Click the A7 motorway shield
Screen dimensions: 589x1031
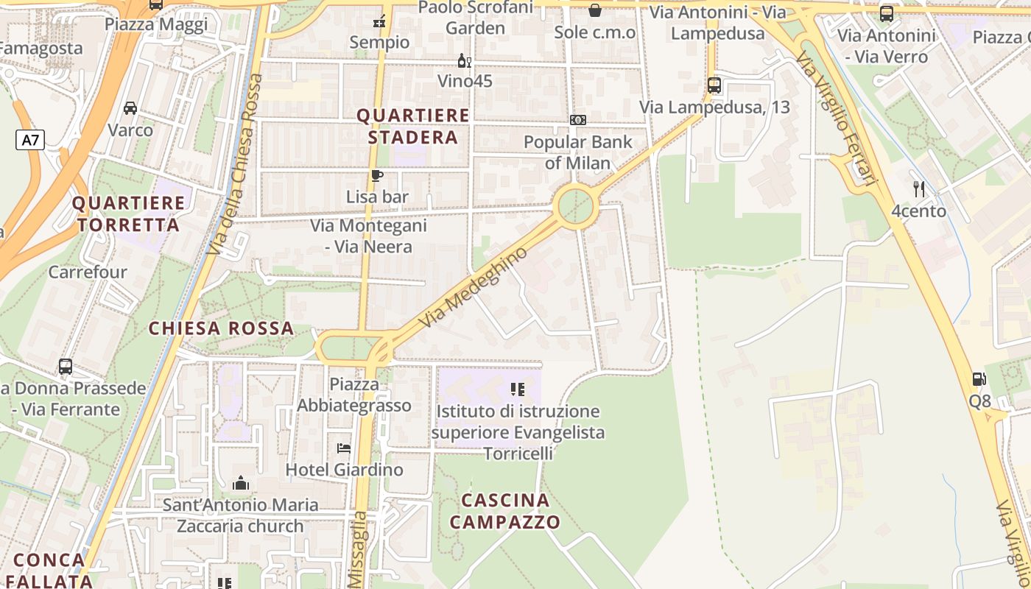30,140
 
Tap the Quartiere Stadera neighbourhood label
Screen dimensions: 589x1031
412,127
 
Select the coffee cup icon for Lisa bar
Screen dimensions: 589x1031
377,175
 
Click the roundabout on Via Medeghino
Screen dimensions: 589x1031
575,207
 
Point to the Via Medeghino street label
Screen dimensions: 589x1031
474,288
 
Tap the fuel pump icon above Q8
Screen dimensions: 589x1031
979,379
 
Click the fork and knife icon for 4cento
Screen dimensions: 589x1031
919,189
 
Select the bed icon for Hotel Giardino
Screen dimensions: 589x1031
344,448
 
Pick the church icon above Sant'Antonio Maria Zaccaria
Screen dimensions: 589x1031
240,483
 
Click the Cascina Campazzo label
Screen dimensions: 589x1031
505,512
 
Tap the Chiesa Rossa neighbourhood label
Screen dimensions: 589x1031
221,328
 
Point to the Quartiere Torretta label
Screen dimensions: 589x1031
129,214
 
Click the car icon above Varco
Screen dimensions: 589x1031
130,108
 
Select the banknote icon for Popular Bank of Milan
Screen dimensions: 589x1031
578,120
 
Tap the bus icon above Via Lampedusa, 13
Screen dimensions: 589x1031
714,85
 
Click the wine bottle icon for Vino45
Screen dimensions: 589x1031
465,60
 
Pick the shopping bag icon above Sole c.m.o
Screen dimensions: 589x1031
594,10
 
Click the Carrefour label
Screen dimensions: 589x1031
88,272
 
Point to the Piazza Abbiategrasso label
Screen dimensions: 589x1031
354,395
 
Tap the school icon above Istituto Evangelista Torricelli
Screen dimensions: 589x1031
518,389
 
